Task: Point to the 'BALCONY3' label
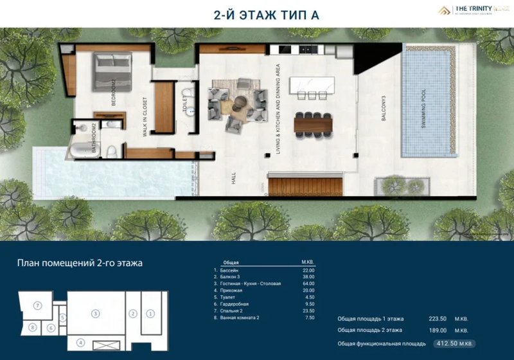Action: point(384,115)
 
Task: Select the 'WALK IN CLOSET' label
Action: point(145,118)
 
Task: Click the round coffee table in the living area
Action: point(240,101)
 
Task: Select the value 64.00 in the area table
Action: point(307,283)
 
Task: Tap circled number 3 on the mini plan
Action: point(94,314)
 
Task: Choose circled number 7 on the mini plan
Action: point(38,304)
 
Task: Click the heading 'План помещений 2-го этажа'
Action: point(79,262)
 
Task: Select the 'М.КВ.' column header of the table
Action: point(307,262)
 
